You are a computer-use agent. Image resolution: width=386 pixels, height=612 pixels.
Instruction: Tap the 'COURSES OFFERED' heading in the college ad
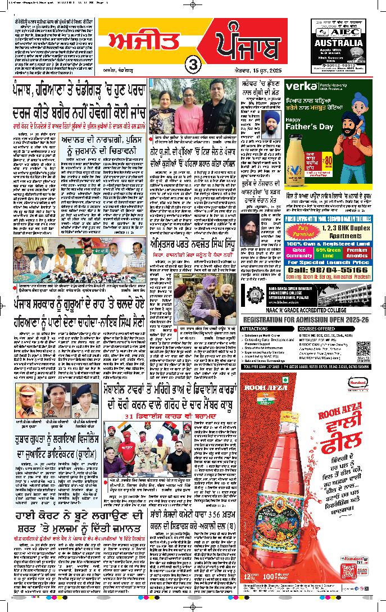[317, 328]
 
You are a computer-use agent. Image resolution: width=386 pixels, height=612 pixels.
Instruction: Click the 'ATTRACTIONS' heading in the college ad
[255, 328]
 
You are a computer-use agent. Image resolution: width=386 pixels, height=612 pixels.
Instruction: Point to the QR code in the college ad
[364, 349]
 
